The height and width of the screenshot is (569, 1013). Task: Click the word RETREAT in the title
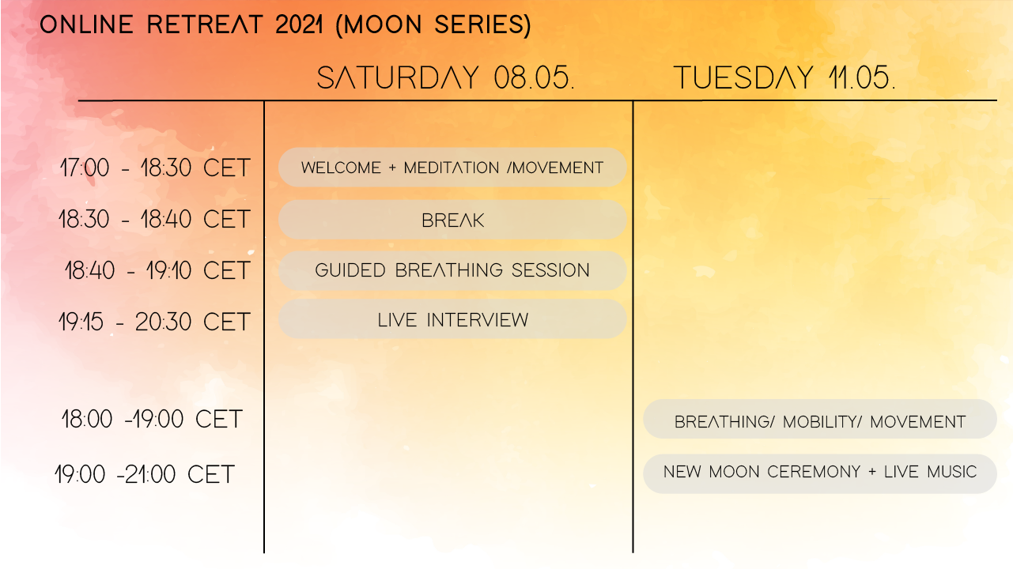[x=205, y=24]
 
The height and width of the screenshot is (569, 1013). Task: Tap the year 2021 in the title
[x=299, y=24]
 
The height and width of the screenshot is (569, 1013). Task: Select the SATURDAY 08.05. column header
[x=446, y=77]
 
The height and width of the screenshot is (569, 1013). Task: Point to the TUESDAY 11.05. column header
[x=784, y=77]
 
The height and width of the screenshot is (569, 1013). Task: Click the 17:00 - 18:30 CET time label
[x=155, y=168]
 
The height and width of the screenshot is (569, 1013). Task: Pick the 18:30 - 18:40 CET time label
[x=154, y=219]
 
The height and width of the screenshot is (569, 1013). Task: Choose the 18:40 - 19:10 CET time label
[x=157, y=271]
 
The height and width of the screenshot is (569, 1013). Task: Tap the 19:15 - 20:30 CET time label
[x=154, y=322]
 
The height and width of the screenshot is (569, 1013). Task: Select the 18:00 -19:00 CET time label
[x=152, y=419]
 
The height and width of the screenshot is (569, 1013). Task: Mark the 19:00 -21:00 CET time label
[x=145, y=474]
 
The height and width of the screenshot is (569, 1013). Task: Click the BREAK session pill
[x=452, y=220]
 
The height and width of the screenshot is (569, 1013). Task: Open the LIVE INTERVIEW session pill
[x=452, y=319]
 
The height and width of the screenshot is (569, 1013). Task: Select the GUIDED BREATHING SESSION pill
[x=452, y=270]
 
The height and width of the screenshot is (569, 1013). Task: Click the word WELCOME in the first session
[x=341, y=168]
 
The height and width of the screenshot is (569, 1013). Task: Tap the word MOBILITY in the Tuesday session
[x=822, y=422]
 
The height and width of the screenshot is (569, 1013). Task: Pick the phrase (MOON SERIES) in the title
[x=433, y=24]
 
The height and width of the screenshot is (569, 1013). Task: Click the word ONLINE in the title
[x=87, y=24]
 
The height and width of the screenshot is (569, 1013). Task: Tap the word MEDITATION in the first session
[x=452, y=168]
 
